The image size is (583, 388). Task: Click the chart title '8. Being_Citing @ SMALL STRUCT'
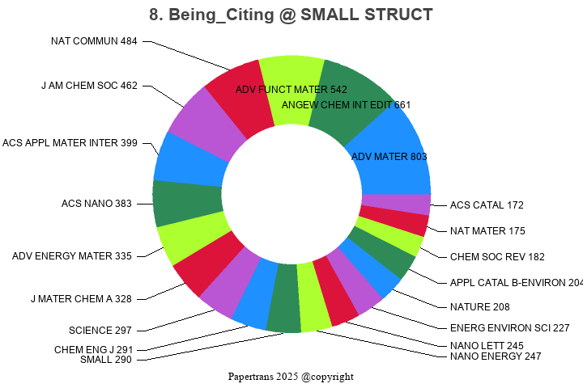coord(291,15)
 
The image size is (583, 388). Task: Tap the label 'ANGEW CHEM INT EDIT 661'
coord(347,104)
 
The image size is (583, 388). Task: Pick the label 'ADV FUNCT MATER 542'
coord(291,89)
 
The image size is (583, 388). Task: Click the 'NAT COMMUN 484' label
coord(94,40)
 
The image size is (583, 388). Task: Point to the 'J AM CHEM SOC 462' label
coord(89,85)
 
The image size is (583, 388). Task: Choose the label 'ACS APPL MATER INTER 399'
coord(70,143)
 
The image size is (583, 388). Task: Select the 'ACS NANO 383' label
coord(96,204)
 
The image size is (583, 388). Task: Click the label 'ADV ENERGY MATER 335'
coord(72,256)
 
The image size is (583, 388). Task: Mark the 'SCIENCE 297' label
coord(100,330)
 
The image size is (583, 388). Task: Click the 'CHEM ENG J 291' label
coord(93,349)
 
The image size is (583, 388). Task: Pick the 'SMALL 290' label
coord(105,359)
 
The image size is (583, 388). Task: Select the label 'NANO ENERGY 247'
coord(496,356)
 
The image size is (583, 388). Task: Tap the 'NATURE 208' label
coord(480,306)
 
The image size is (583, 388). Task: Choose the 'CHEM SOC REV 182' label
coord(497,256)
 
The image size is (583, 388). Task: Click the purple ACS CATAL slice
coord(396,205)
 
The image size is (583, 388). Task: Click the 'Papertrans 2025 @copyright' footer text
coord(291,377)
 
